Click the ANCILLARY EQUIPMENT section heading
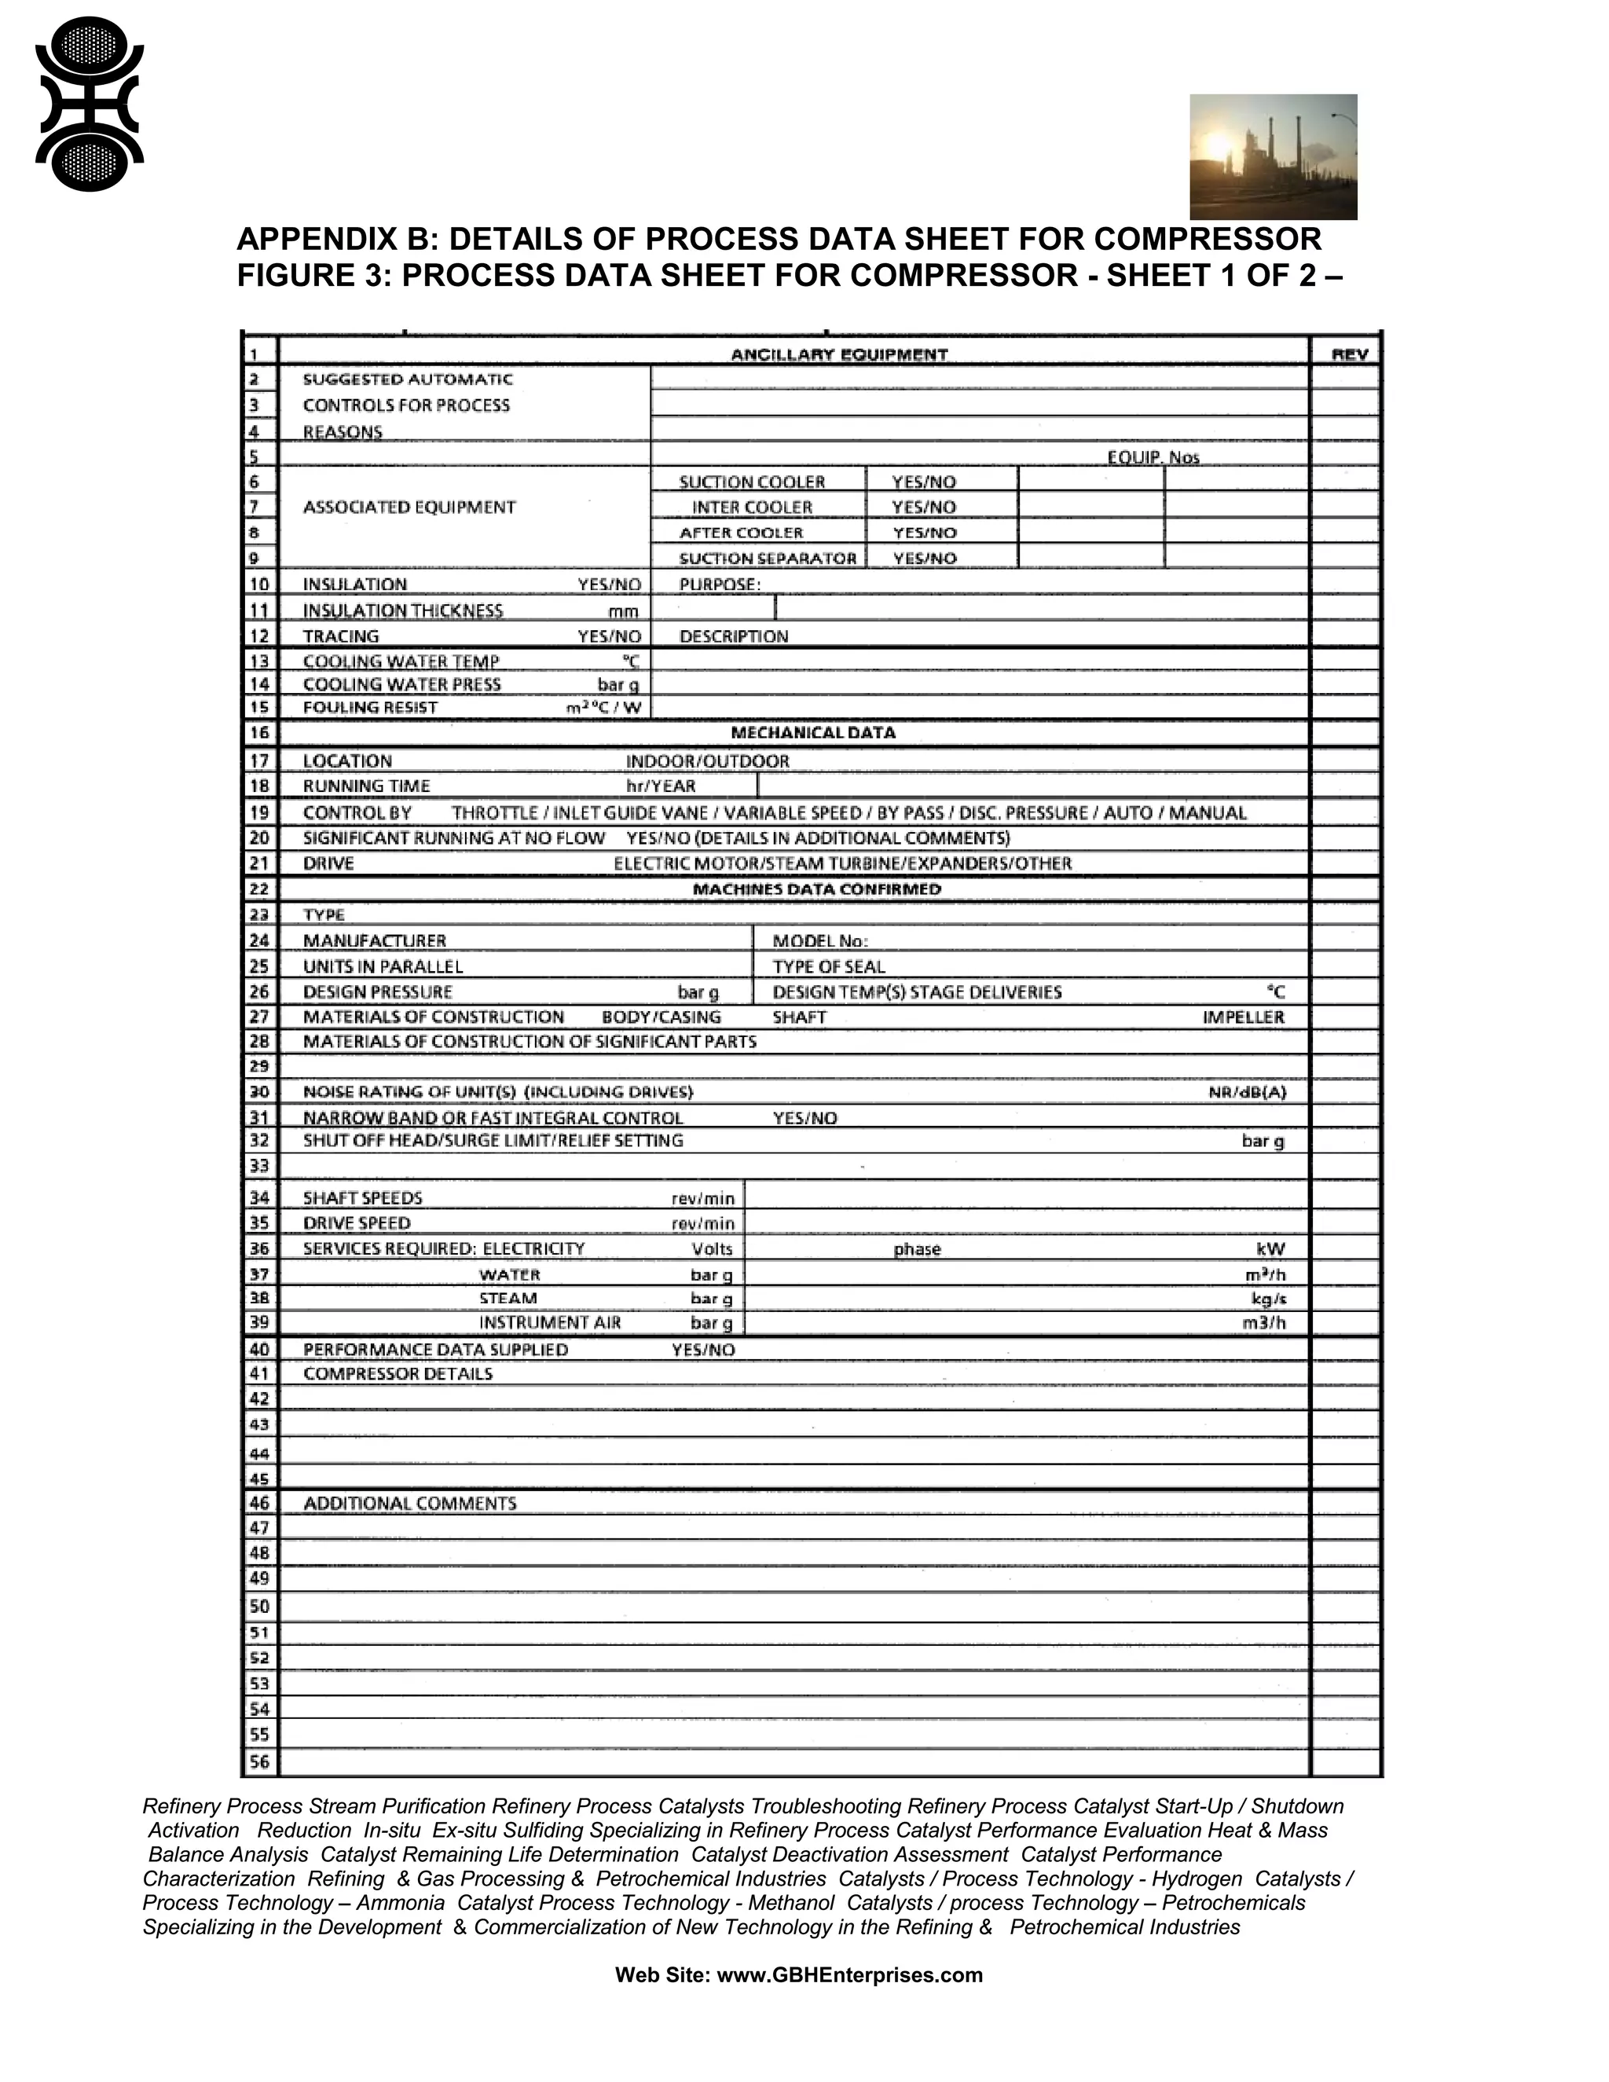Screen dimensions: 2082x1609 click(x=839, y=354)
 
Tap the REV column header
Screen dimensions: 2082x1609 click(x=1349, y=354)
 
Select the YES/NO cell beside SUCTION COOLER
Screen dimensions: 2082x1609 click(x=922, y=482)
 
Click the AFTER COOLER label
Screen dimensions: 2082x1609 click(x=741, y=533)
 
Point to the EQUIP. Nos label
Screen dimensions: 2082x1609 click(x=1153, y=457)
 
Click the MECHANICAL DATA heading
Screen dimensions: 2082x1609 click(x=812, y=733)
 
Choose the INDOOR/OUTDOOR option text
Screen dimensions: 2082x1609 click(x=706, y=761)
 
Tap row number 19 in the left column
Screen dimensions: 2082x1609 click(x=259, y=813)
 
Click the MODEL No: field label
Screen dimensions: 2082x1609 click(x=819, y=941)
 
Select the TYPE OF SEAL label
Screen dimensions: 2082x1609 click(x=828, y=966)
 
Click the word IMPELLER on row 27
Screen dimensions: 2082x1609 click(x=1243, y=1017)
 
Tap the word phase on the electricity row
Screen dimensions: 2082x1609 click(x=917, y=1250)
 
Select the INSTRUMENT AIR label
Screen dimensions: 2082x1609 click(x=550, y=1323)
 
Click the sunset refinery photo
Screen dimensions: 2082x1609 click(x=1273, y=156)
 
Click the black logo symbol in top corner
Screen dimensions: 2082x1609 click(x=89, y=104)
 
